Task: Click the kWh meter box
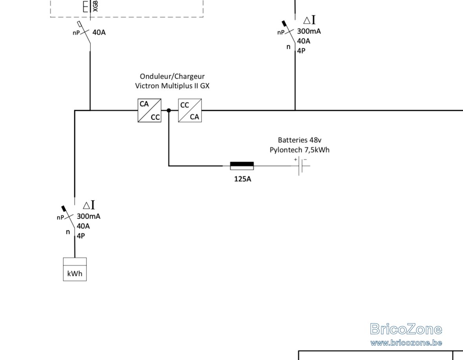tap(75, 269)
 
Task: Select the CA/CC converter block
tap(149, 110)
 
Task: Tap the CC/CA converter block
tap(190, 110)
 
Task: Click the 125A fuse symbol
tap(242, 166)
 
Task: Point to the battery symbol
tap(302, 166)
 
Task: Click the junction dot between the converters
tap(168, 110)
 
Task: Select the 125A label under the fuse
tap(242, 179)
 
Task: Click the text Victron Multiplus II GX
tap(172, 86)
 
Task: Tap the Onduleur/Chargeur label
tap(172, 76)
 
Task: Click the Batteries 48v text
tap(299, 140)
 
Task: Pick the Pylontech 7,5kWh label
tap(299, 150)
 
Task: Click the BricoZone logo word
tap(406, 329)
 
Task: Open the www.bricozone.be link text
tap(406, 343)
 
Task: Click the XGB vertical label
tap(95, 6)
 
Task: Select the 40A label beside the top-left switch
tap(99, 32)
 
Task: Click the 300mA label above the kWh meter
tap(89, 216)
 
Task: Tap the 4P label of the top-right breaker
tap(301, 51)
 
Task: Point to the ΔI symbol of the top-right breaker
tap(309, 20)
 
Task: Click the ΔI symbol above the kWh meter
tap(89, 205)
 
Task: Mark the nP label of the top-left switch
tap(76, 33)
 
